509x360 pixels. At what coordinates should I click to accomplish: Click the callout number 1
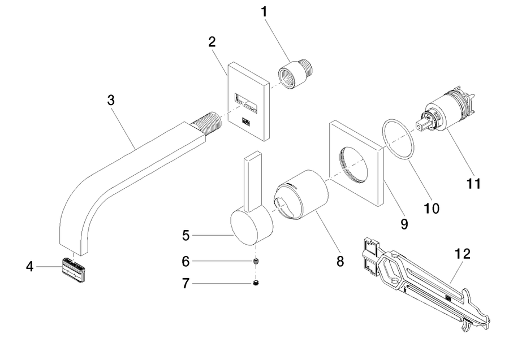tap(264, 12)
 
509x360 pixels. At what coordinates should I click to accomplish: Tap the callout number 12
tap(463, 254)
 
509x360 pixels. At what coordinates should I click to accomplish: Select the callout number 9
tap(404, 224)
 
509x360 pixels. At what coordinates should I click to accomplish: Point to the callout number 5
tap(186, 236)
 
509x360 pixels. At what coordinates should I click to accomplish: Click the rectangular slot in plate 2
tap(247, 102)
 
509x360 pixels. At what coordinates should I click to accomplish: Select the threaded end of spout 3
tap(206, 124)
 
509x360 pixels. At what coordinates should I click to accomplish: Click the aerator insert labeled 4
tap(74, 270)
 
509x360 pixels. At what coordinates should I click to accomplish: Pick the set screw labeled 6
tap(256, 262)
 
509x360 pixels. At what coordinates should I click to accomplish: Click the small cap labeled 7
tap(256, 283)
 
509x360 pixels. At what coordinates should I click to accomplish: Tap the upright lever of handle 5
tap(253, 183)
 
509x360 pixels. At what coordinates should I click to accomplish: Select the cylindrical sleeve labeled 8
tap(301, 195)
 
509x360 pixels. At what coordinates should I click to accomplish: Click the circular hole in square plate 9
tap(354, 164)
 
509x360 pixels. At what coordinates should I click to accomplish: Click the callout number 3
tap(111, 100)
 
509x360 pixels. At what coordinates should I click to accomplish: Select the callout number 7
tap(186, 284)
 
